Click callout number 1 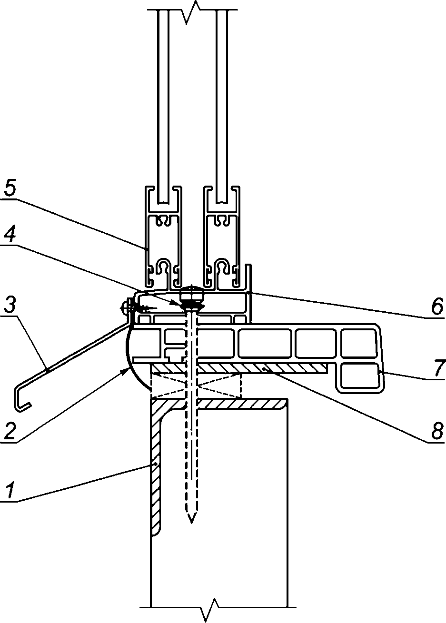10,491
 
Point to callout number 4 10,234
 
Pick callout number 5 10,188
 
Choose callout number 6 437,307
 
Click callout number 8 437,431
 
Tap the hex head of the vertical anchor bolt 191,294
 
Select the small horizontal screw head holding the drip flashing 125,308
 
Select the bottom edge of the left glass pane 163,202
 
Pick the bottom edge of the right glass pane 221,202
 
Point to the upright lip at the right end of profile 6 249,279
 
